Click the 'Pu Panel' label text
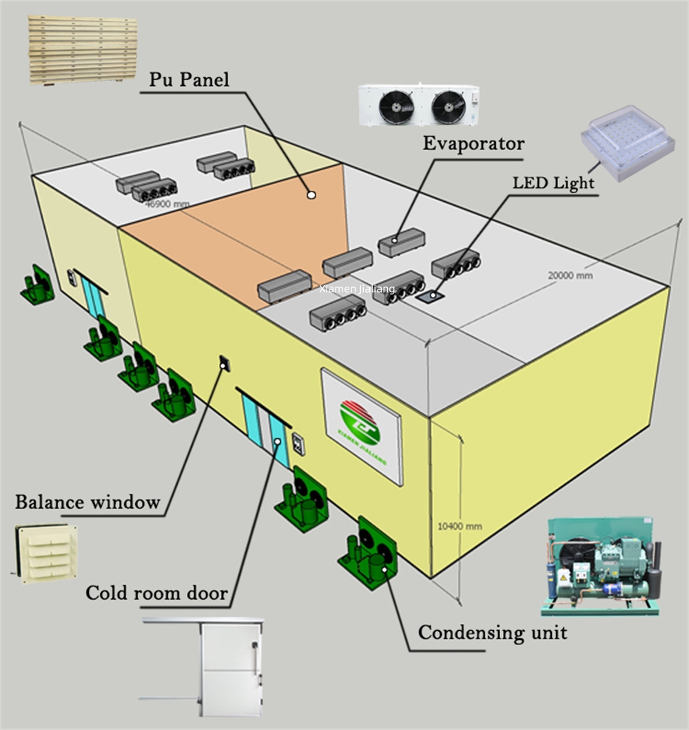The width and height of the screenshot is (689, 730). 189,80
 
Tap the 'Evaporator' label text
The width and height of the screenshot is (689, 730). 473,144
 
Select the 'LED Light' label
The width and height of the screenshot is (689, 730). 553,183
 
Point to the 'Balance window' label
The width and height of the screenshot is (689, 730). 88,502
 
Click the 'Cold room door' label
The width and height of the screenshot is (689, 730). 156,593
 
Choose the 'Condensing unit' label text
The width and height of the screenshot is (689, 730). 493,632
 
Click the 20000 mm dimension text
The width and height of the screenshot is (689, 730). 570,275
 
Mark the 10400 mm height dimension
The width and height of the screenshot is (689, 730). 460,526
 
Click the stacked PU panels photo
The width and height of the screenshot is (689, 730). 83,50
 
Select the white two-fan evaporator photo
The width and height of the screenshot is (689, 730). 419,105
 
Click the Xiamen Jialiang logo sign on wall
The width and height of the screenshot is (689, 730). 360,426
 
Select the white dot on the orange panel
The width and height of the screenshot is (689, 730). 311,195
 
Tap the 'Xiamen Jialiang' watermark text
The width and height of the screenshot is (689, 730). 357,289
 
